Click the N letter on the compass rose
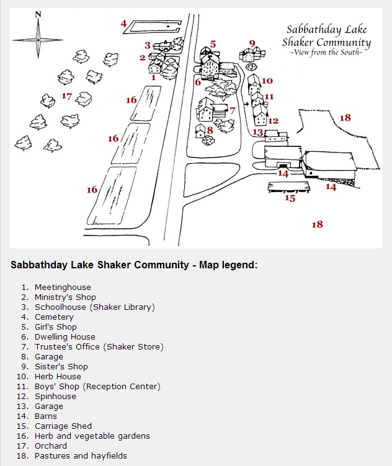click(x=38, y=14)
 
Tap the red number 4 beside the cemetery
click(x=123, y=23)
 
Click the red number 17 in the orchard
click(x=66, y=96)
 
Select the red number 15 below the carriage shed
click(x=290, y=198)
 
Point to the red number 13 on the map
click(x=258, y=132)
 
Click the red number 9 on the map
click(x=252, y=43)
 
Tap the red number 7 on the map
click(x=233, y=111)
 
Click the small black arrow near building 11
click(x=246, y=104)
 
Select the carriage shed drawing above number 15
click(x=289, y=187)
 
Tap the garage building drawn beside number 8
click(x=200, y=131)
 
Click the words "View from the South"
click(x=327, y=53)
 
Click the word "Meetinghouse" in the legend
click(x=63, y=288)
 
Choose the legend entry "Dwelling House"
click(x=65, y=336)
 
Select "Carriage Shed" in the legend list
click(x=63, y=426)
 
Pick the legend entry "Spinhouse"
click(x=55, y=397)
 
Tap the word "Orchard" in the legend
click(x=51, y=446)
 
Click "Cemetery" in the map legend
click(x=54, y=317)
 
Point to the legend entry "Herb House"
click(x=58, y=377)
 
